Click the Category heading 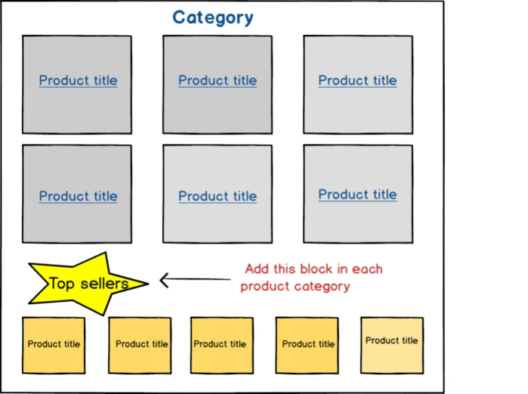tap(213, 17)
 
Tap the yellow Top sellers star tap(87, 284)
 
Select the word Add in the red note tap(258, 269)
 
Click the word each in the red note tap(366, 269)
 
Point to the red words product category tap(295, 287)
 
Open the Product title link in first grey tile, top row tap(78, 81)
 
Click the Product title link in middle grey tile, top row tap(218, 81)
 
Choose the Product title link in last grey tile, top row tap(357, 81)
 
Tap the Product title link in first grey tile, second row tap(78, 196)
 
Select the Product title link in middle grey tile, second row tap(218, 196)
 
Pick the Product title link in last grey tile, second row tap(357, 195)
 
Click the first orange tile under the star tap(54, 345)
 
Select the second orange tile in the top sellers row tap(141, 345)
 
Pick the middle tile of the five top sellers tap(221, 345)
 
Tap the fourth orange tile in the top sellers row tap(307, 345)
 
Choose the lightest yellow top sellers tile tap(391, 345)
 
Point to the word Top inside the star tap(61, 284)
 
